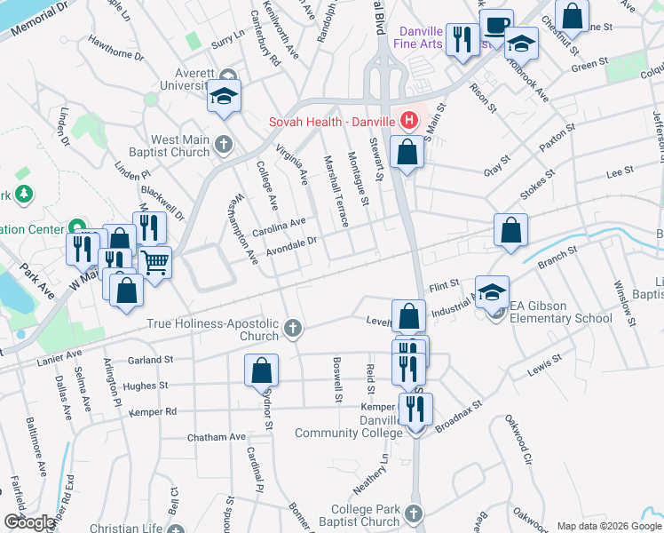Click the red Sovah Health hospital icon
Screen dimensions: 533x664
click(x=409, y=119)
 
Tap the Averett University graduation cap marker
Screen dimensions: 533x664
click(x=225, y=97)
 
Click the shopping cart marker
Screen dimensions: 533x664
click(x=155, y=263)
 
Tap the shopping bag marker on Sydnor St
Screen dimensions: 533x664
click(x=262, y=370)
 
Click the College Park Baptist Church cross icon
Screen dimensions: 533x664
click(x=415, y=514)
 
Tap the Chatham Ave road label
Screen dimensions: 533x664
click(x=216, y=437)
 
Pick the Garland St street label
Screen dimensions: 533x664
click(x=150, y=361)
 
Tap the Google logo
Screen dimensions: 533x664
click(x=29, y=522)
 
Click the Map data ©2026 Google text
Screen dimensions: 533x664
click(x=607, y=526)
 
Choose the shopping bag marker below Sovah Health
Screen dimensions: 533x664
click(x=407, y=151)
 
